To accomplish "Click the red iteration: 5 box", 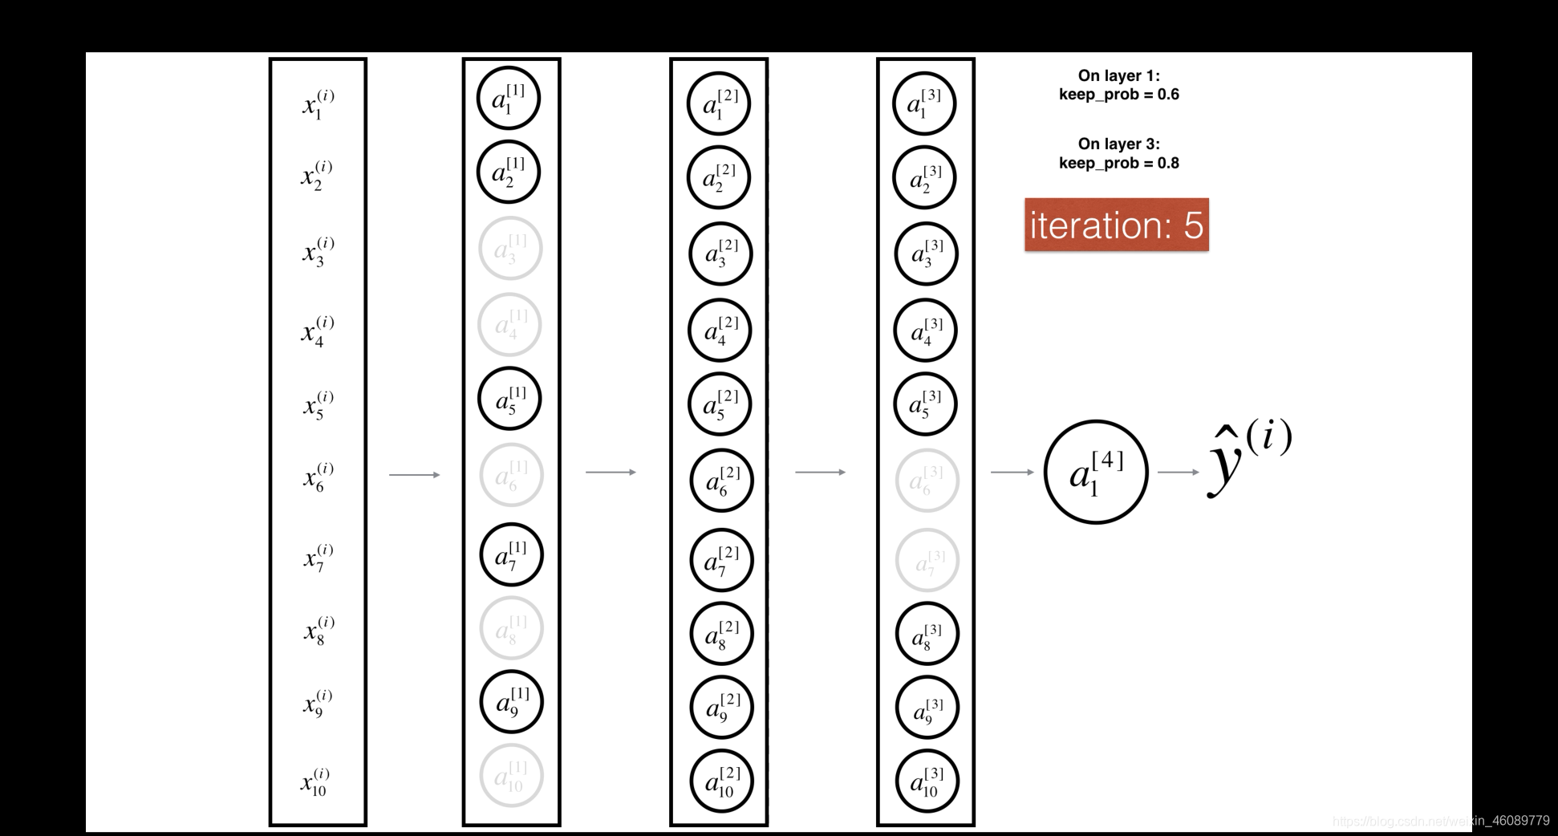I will (1116, 225).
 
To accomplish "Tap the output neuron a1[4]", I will (1096, 472).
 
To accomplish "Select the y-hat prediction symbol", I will (1248, 459).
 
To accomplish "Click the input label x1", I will (318, 104).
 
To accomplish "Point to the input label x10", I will (315, 781).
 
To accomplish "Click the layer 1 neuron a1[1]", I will (509, 99).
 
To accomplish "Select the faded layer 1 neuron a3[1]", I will (510, 248).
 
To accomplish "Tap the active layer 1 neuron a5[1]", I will (510, 399).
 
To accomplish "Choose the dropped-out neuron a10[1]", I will (511, 776).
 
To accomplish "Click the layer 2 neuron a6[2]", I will (721, 481).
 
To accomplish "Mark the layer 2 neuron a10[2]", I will (721, 781).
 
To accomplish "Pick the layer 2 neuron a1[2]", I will (719, 103).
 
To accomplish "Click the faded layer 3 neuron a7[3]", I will (927, 560).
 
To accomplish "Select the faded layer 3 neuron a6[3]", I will (927, 481).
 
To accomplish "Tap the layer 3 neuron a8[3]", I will (927, 634).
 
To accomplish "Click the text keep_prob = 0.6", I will (1118, 95).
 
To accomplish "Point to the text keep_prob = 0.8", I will (1118, 164).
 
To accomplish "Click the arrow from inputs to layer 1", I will (414, 475).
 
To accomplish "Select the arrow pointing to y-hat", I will (1178, 472).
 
